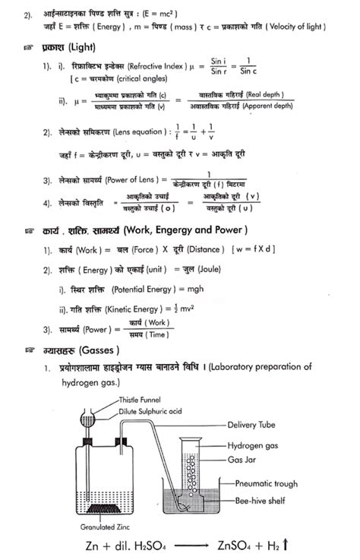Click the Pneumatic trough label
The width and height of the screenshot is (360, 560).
[270, 482]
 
